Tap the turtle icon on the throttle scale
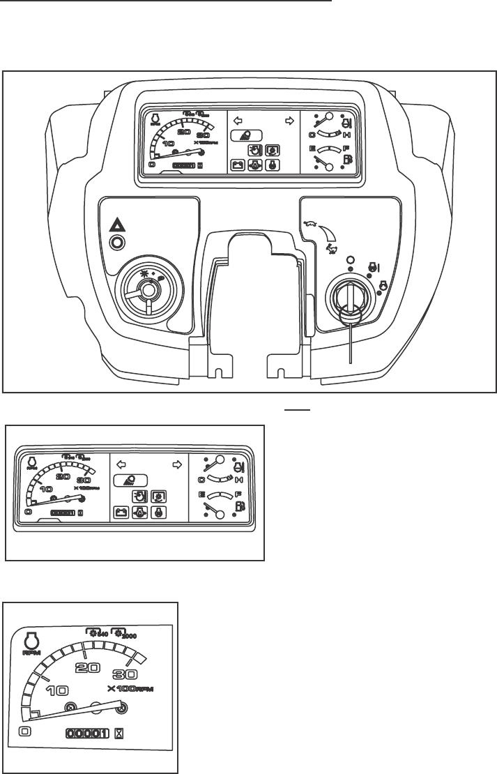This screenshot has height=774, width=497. click(x=310, y=225)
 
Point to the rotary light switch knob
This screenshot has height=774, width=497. click(x=148, y=287)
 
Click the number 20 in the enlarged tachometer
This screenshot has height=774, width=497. click(x=84, y=667)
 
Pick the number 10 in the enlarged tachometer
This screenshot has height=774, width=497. click(x=56, y=690)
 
